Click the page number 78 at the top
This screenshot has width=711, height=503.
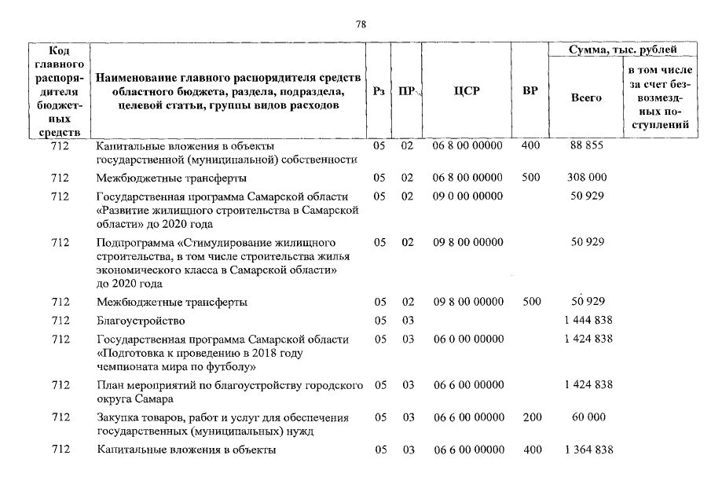pyautogui.click(x=361, y=24)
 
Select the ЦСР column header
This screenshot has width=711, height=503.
pyautogui.click(x=467, y=91)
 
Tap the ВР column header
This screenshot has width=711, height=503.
pyautogui.click(x=530, y=91)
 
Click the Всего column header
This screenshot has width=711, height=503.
pyautogui.click(x=586, y=98)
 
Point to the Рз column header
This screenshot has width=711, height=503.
pyautogui.click(x=379, y=91)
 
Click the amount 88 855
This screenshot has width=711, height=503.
pyautogui.click(x=586, y=146)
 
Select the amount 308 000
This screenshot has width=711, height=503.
pyautogui.click(x=587, y=178)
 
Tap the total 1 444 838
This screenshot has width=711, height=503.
pyautogui.click(x=588, y=320)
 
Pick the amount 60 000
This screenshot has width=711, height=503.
pyautogui.click(x=588, y=417)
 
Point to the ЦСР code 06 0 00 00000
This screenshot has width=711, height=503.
pyautogui.click(x=468, y=339)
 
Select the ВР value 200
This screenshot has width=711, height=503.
pyautogui.click(x=530, y=417)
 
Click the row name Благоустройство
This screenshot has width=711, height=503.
pyautogui.click(x=141, y=321)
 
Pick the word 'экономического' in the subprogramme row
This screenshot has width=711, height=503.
pyautogui.click(x=135, y=269)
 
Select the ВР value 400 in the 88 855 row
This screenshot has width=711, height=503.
pyautogui.click(x=530, y=146)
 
